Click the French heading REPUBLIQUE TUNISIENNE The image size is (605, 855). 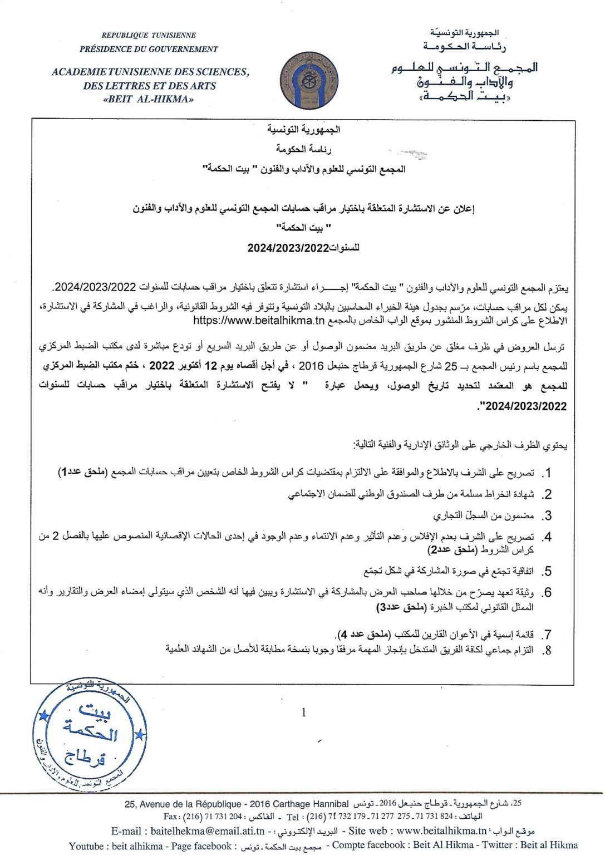pyautogui.click(x=149, y=35)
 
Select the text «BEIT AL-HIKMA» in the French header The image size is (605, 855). pyautogui.click(x=149, y=100)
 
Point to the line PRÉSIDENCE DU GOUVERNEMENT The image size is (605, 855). pyautogui.click(x=149, y=49)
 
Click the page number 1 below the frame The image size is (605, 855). pyautogui.click(x=303, y=712)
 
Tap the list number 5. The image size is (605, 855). pyautogui.click(x=548, y=571)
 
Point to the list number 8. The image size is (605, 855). pyautogui.click(x=548, y=650)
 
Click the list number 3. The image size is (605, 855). pyautogui.click(x=548, y=515)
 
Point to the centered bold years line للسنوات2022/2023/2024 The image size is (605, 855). pyautogui.click(x=303, y=248)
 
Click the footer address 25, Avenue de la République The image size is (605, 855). pyautogui.click(x=184, y=804)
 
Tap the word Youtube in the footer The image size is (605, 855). pyautogui.click(x=86, y=846)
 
